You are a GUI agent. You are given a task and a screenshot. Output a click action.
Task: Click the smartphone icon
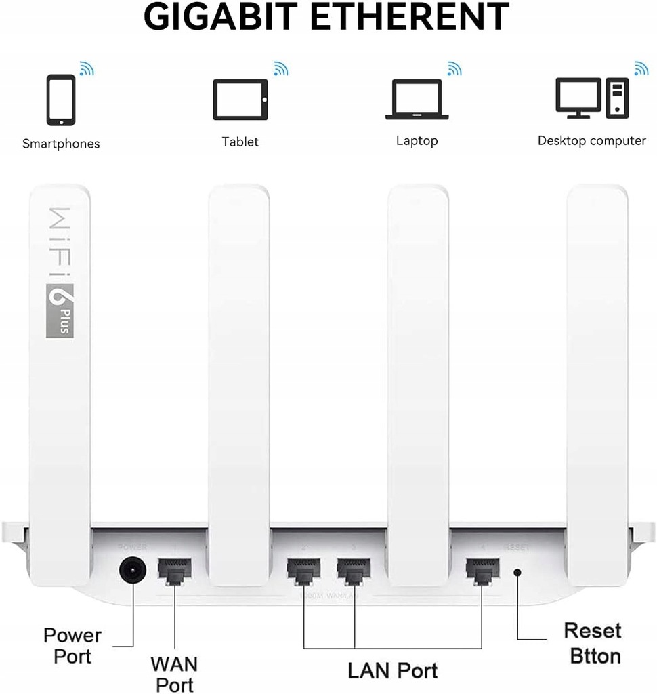pos(61,100)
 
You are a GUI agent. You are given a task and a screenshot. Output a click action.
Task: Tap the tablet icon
pos(240,100)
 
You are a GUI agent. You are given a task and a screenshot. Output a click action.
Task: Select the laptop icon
pos(417,100)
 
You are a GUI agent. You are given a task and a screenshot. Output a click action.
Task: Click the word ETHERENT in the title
pos(421,17)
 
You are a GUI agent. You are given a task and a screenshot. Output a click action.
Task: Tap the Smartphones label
pos(61,144)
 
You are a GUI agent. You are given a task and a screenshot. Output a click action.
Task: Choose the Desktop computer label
pos(591,141)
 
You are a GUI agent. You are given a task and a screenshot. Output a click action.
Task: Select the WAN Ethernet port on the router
pos(174,573)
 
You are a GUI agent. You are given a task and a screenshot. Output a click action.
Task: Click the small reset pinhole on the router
pos(517,573)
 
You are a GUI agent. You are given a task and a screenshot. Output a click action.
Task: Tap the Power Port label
pos(72,645)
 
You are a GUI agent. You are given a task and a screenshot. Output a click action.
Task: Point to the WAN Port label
pos(174,672)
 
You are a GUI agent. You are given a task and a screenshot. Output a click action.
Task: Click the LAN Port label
pos(393,670)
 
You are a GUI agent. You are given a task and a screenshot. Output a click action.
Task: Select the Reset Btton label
pos(593,642)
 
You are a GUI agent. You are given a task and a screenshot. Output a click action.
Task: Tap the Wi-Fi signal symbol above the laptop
pos(454,68)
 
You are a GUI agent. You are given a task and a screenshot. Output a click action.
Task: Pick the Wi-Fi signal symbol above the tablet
pos(280,68)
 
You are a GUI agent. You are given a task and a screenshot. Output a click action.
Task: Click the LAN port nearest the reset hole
pos(482,573)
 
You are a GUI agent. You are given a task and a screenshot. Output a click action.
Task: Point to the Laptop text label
pos(417,141)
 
